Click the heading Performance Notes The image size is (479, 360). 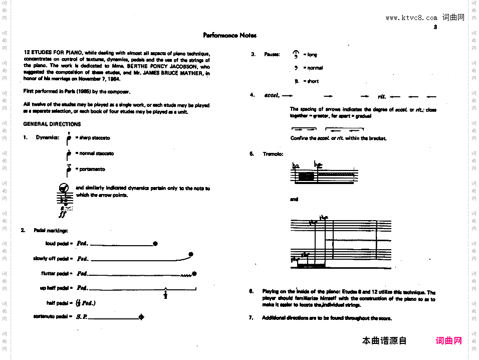(229, 36)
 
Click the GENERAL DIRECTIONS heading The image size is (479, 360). (52, 124)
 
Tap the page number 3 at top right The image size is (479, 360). (435, 27)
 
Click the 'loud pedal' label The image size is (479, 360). (57, 244)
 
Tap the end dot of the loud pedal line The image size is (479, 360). (155, 244)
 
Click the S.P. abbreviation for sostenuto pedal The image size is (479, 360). (82, 317)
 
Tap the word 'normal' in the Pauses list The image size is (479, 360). (315, 68)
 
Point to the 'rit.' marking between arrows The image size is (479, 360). (382, 96)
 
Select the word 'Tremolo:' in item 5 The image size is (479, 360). (273, 154)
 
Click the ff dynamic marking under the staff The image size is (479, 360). (63, 214)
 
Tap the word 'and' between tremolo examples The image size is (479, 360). (294, 199)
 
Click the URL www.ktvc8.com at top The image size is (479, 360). (411, 18)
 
